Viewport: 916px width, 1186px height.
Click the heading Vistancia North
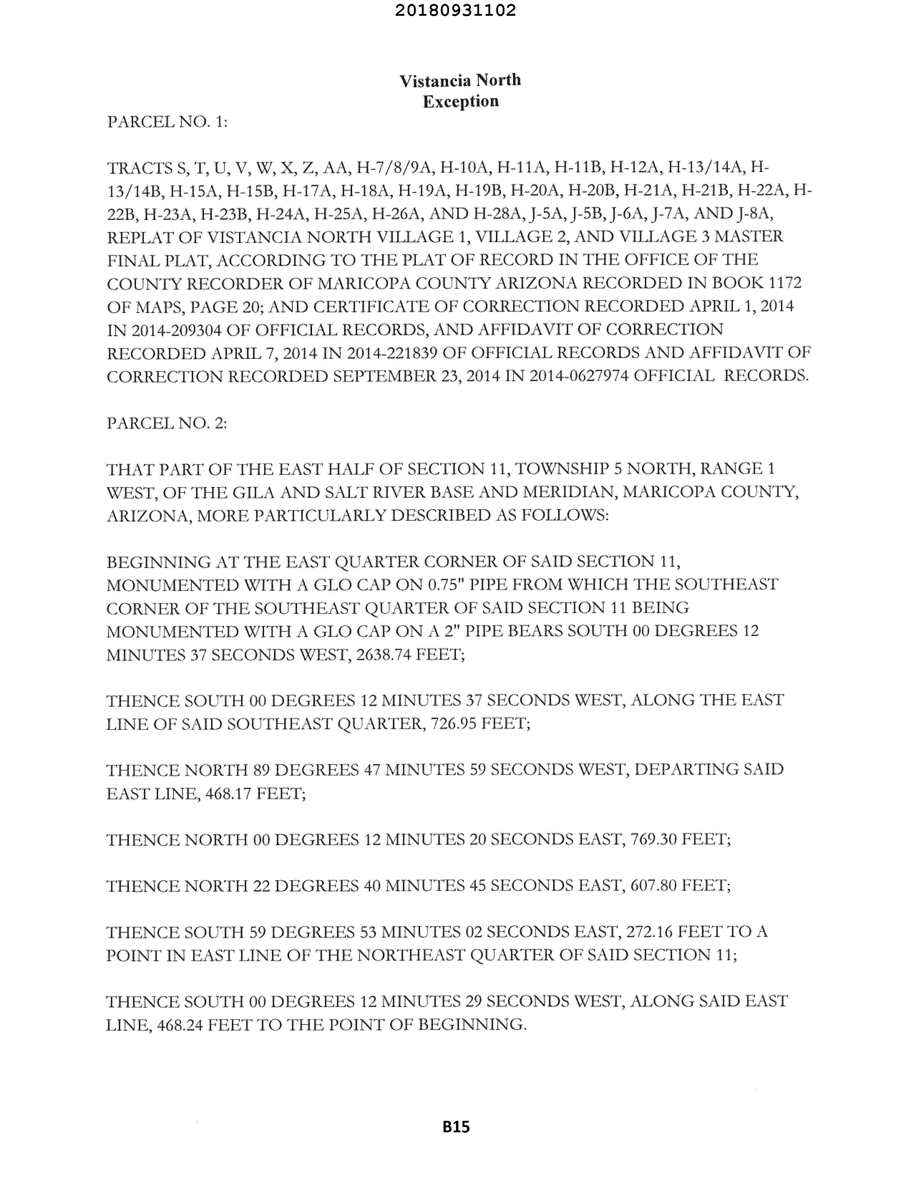click(x=460, y=80)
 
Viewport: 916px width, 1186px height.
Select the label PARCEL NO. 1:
click(x=167, y=122)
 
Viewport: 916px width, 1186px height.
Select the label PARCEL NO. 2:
click(x=167, y=423)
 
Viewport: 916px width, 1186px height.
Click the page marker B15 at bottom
click(x=456, y=1127)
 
